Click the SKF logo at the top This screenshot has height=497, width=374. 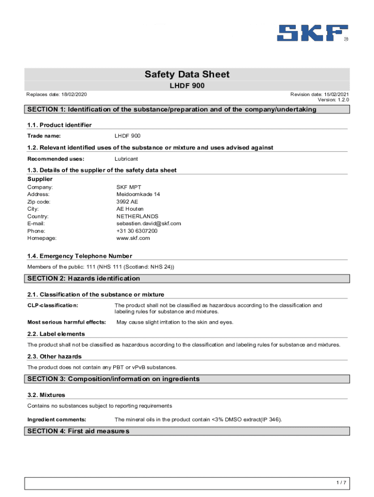tap(312, 33)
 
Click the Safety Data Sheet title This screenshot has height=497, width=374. tap(187, 74)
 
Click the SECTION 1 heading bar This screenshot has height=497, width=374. tap(187, 109)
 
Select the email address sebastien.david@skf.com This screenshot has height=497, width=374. tap(149, 223)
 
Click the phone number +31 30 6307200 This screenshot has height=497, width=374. tap(137, 231)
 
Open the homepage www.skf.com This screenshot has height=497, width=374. tap(133, 238)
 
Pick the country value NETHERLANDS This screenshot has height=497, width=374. tap(137, 216)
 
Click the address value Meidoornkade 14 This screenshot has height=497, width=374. tap(138, 194)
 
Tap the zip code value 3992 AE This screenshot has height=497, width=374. tap(127, 201)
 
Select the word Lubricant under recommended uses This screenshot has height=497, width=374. tap(126, 159)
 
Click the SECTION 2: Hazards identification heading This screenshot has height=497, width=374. tap(84, 279)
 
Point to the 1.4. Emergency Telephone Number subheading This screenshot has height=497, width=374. tap(80, 256)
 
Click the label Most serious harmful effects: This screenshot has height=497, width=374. tap(67, 322)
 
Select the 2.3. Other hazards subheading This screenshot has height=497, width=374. tap(54, 357)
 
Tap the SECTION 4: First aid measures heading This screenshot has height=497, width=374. tap(78, 431)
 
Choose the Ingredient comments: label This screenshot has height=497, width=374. tap(57, 419)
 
